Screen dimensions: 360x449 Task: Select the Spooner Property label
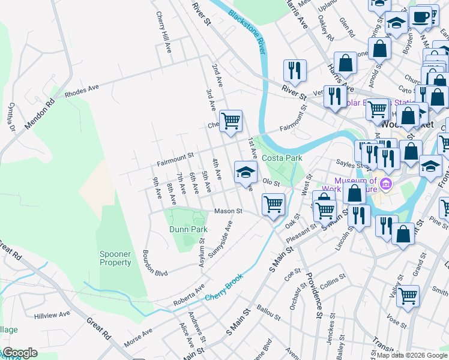pyautogui.click(x=115, y=259)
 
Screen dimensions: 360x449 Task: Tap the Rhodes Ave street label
pyautogui.click(x=82, y=93)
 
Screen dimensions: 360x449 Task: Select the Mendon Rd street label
pyautogui.click(x=40, y=115)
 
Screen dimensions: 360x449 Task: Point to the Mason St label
pyautogui.click(x=228, y=211)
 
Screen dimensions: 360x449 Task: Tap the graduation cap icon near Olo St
pyautogui.click(x=246, y=172)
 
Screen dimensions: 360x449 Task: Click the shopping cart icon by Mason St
pyautogui.click(x=274, y=204)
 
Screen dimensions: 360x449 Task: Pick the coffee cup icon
pyautogui.click(x=421, y=16)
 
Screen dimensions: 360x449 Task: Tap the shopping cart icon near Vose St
pyautogui.click(x=408, y=296)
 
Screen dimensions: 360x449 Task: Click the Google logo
pyautogui.click(x=20, y=353)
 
